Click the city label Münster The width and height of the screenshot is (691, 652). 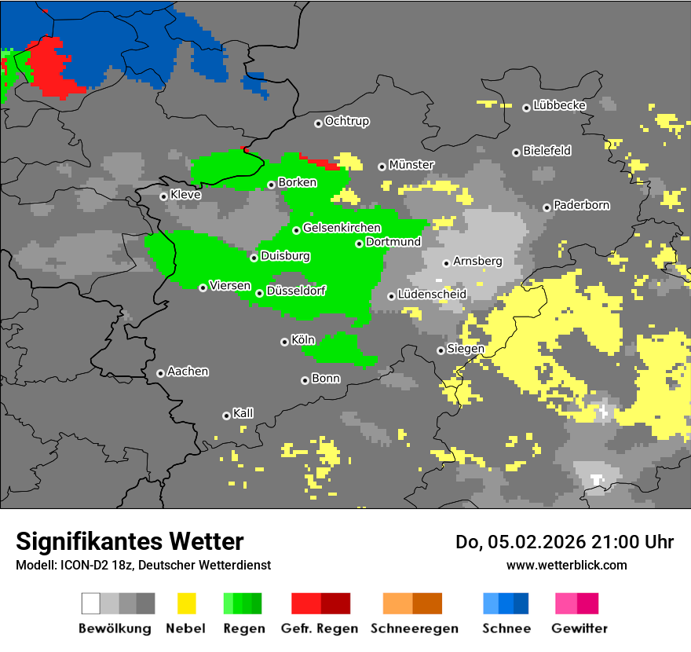click(x=411, y=165)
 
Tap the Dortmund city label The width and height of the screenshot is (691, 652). click(x=393, y=242)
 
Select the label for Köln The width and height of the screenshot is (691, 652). click(x=302, y=340)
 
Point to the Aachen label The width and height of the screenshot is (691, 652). click(x=188, y=372)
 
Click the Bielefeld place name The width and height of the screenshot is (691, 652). click(x=547, y=151)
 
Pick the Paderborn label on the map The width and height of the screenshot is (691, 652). click(x=582, y=206)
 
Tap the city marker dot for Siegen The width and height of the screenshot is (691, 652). click(x=441, y=350)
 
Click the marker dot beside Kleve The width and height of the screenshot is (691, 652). click(x=164, y=196)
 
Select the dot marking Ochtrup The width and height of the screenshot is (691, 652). click(x=318, y=123)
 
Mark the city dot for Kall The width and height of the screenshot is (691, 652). click(x=227, y=416)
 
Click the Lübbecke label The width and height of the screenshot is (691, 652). click(x=560, y=105)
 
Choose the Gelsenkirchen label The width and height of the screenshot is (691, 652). click(x=342, y=229)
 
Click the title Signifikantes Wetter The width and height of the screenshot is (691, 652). click(x=130, y=541)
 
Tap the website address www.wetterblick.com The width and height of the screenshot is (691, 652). click(x=566, y=565)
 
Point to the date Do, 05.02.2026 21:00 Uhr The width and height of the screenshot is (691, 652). click(x=565, y=542)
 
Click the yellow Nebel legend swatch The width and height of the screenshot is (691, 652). click(x=186, y=603)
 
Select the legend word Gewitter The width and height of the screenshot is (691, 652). click(x=579, y=628)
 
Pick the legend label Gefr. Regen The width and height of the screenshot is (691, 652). click(x=320, y=628)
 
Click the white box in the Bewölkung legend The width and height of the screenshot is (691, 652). click(x=91, y=603)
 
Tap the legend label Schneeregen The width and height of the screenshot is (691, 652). click(x=414, y=628)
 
